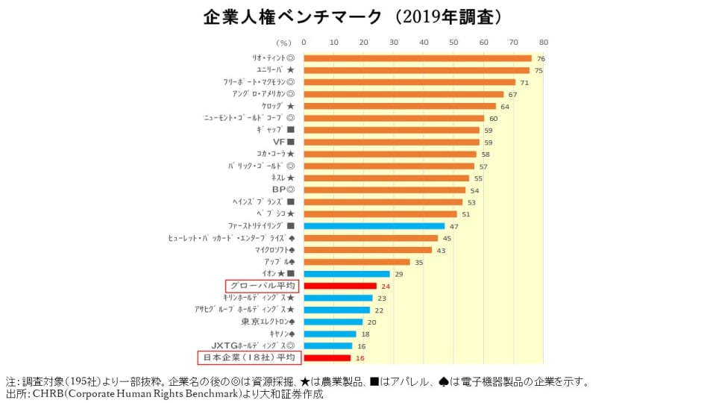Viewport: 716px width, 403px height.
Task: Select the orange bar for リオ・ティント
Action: pyautogui.click(x=418, y=58)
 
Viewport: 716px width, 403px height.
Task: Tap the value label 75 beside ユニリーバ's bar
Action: pyautogui.click(x=538, y=70)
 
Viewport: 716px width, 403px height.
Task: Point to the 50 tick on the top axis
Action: pyautogui.click(x=453, y=43)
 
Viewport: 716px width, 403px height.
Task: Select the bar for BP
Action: pyautogui.click(x=384, y=190)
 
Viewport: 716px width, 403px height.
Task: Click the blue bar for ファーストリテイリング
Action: pyautogui.click(x=374, y=225)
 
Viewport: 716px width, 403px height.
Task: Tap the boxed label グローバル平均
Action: pyautogui.click(x=262, y=286)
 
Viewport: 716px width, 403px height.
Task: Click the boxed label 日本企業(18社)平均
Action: pyautogui.click(x=248, y=357)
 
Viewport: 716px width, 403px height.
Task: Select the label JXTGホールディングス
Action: pyautogui.click(x=253, y=346)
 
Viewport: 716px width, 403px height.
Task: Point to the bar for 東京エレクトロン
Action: pyautogui.click(x=333, y=322)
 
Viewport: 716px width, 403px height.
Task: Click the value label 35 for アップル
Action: pyautogui.click(x=418, y=262)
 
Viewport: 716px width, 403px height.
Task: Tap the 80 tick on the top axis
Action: pyautogui.click(x=544, y=43)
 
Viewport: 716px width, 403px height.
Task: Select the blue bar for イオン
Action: pyautogui.click(x=347, y=274)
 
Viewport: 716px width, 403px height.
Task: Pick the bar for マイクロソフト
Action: pyautogui.click(x=368, y=250)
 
